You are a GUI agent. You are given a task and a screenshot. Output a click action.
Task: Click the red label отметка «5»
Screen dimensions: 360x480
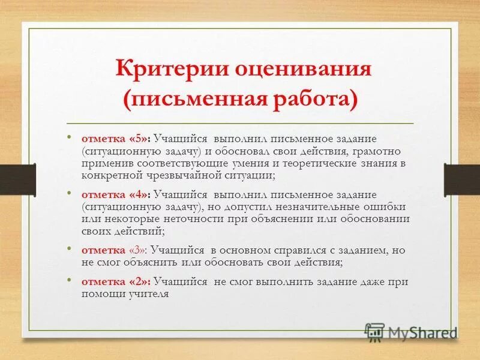click(117, 137)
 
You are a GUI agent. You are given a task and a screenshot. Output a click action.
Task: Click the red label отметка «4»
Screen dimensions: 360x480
click(117, 194)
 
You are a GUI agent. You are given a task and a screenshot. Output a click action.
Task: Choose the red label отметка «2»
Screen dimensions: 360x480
click(117, 281)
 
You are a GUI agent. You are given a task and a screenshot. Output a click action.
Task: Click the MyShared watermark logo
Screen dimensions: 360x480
click(412, 332)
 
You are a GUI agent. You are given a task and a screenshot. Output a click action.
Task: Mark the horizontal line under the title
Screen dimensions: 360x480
click(240, 122)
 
